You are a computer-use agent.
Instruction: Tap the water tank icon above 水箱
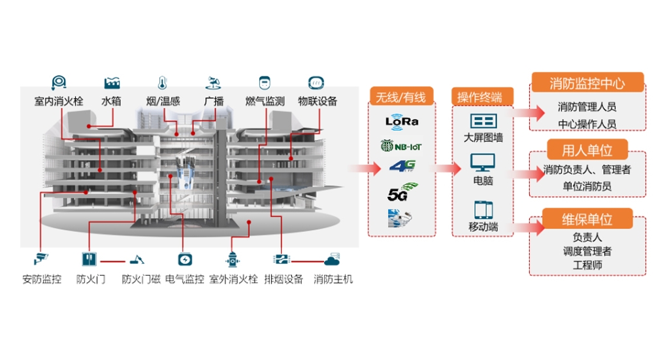pyautogui.click(x=112, y=83)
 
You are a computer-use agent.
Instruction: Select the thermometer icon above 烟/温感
pyautogui.click(x=162, y=83)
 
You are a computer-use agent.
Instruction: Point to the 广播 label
pyautogui.click(x=214, y=101)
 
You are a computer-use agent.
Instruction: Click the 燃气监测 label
pyautogui.click(x=265, y=101)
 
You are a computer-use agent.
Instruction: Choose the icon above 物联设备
pyautogui.click(x=317, y=83)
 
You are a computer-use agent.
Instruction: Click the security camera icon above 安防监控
pyautogui.click(x=41, y=259)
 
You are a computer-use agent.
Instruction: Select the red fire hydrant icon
pyautogui.click(x=232, y=259)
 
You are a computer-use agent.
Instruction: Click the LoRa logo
pyautogui.click(x=401, y=121)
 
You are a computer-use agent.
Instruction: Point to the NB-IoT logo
pyautogui.click(x=401, y=144)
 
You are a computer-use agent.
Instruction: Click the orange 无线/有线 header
pyautogui.click(x=401, y=97)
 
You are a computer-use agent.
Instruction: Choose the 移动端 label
pyautogui.click(x=483, y=227)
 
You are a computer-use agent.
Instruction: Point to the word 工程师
pyautogui.click(x=587, y=265)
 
